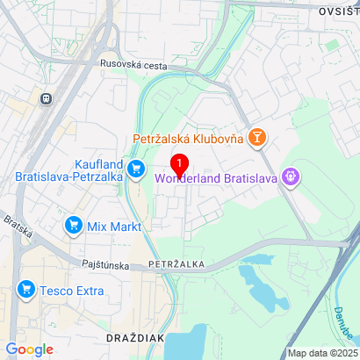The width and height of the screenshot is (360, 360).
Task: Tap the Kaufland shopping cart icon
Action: coord(135,168)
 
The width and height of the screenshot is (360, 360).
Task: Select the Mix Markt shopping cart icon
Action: coord(74,226)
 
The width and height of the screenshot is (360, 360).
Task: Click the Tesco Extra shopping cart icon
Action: coord(25,289)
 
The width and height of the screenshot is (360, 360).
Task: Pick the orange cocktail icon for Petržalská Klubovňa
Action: coord(256,138)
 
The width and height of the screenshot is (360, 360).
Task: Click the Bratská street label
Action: coord(15,230)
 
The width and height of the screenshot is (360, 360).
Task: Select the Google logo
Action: coord(29,349)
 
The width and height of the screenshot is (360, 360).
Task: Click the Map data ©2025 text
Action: coord(322,353)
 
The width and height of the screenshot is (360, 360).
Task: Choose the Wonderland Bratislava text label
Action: coord(216,178)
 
